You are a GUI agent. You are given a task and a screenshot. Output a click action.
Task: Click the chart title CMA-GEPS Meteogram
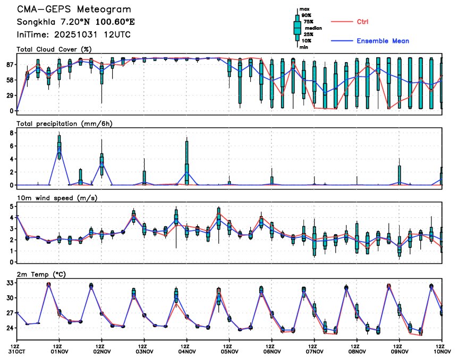pyautogui.click(x=74, y=10)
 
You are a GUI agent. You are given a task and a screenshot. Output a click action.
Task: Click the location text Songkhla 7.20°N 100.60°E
pyautogui.click(x=76, y=22)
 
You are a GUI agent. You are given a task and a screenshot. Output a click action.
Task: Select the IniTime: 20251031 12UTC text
pyautogui.click(x=74, y=35)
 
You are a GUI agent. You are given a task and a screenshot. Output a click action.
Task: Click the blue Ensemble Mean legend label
pyautogui.click(x=383, y=41)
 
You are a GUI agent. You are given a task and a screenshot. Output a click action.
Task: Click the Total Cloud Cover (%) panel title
pyautogui.click(x=55, y=49)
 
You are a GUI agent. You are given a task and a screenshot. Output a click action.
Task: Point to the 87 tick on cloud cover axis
pyautogui.click(x=9, y=65)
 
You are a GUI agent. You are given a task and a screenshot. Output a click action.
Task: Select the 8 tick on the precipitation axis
pyautogui.click(x=12, y=133)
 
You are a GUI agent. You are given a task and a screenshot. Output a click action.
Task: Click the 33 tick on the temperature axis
pyautogui.click(x=9, y=283)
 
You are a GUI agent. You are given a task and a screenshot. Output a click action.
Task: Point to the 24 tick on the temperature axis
pyautogui.click(x=9, y=328)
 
